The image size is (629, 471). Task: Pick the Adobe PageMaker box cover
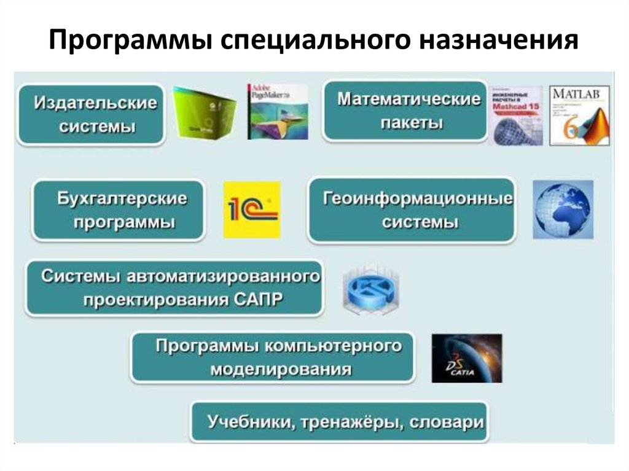click(x=277, y=111)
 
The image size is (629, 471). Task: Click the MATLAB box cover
click(x=579, y=115)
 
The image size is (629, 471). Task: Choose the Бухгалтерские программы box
click(x=118, y=209)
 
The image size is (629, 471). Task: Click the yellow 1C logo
click(x=252, y=209)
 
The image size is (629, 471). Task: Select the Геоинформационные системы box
click(x=410, y=209)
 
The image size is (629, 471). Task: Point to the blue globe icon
click(x=563, y=209)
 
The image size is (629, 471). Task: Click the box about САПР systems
click(x=174, y=287)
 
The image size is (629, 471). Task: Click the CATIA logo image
click(x=466, y=358)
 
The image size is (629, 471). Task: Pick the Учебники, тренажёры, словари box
click(x=339, y=422)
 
